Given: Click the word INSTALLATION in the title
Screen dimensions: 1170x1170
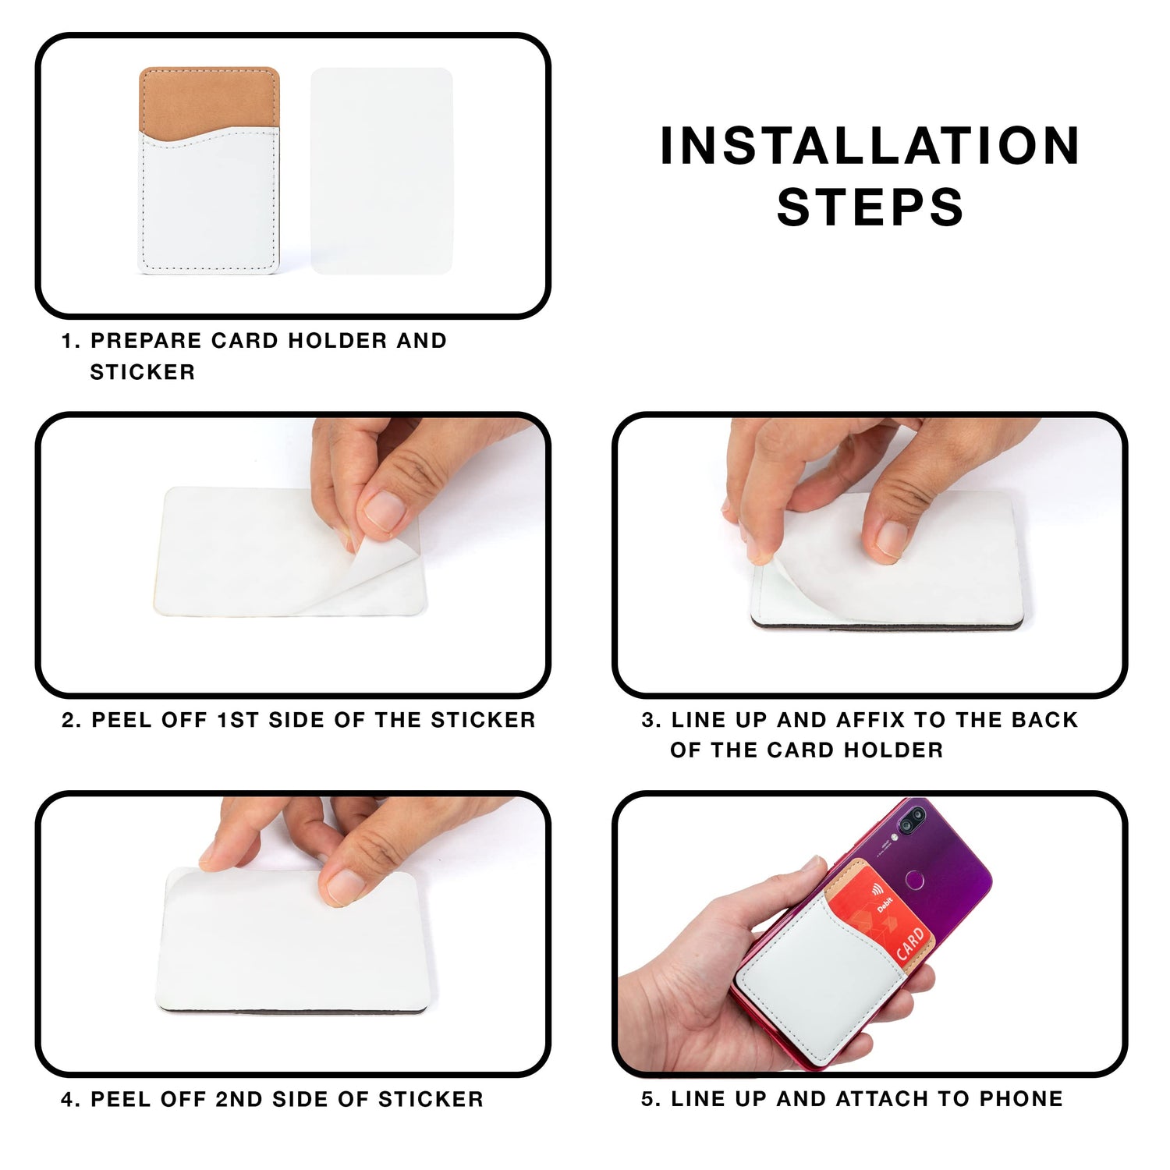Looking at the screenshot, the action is (x=870, y=146).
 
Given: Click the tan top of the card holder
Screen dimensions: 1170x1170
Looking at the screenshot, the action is (x=209, y=100).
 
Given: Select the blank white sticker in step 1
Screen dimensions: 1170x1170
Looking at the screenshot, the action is (x=381, y=170).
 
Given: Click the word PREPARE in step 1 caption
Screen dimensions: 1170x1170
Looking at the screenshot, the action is (x=147, y=340).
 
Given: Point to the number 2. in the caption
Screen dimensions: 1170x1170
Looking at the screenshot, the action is (x=72, y=720).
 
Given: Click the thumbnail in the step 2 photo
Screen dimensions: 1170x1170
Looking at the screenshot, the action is (x=385, y=511).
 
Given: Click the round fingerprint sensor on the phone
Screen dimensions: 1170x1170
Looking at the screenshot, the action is (x=914, y=881).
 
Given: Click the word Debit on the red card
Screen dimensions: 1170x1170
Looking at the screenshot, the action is (x=885, y=904).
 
